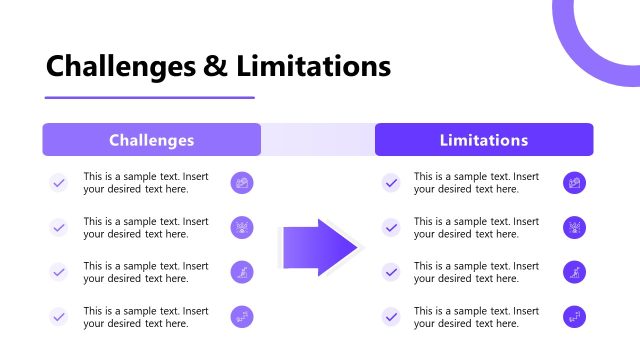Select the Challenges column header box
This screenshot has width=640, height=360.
point(151,140)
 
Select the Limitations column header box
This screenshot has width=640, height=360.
point(484,140)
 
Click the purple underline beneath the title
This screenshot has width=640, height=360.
point(150,98)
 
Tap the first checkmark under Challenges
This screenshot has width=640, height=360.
point(59,183)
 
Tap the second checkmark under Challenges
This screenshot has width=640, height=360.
point(59,228)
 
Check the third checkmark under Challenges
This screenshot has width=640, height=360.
point(59,272)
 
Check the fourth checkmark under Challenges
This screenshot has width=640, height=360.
point(59,317)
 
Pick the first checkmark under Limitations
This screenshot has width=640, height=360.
point(391,183)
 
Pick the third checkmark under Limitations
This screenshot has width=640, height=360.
point(391,272)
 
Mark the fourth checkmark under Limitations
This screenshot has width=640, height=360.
point(391,317)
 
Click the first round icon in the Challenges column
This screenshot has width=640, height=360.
point(242,183)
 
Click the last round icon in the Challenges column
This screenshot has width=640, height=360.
point(242,317)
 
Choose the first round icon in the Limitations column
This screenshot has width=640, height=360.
point(574,183)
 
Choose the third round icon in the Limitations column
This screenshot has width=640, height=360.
point(574,272)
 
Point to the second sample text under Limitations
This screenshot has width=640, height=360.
point(476,228)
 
